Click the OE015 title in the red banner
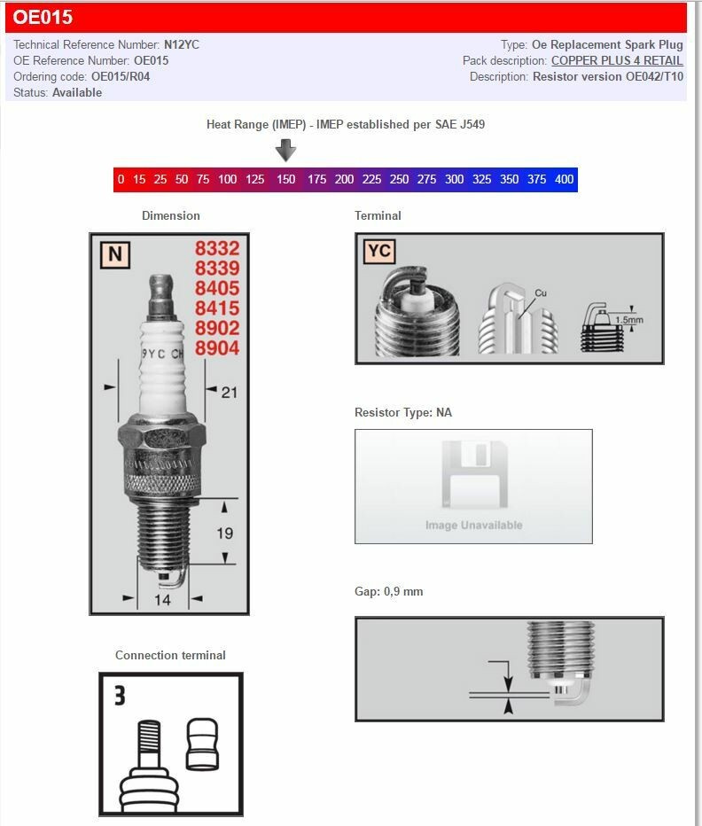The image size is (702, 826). (x=43, y=17)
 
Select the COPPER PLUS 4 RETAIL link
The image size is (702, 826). (x=617, y=60)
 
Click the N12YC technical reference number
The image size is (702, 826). (x=182, y=44)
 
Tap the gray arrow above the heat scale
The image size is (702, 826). (x=285, y=151)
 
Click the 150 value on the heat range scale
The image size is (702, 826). (x=285, y=179)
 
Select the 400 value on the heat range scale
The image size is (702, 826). (x=564, y=179)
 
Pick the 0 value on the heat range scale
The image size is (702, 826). (x=121, y=179)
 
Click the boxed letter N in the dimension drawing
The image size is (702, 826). (x=114, y=255)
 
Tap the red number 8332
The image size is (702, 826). (x=217, y=250)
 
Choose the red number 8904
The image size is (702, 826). (x=217, y=348)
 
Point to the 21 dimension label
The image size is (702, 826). (x=229, y=391)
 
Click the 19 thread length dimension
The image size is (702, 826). (x=225, y=533)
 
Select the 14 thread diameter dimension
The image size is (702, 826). (x=162, y=600)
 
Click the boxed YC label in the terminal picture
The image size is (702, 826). (x=378, y=252)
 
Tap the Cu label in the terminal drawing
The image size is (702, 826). (x=542, y=292)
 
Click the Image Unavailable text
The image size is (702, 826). (x=473, y=525)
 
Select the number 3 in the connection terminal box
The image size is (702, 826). (x=120, y=696)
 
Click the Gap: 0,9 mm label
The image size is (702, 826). (x=388, y=591)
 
